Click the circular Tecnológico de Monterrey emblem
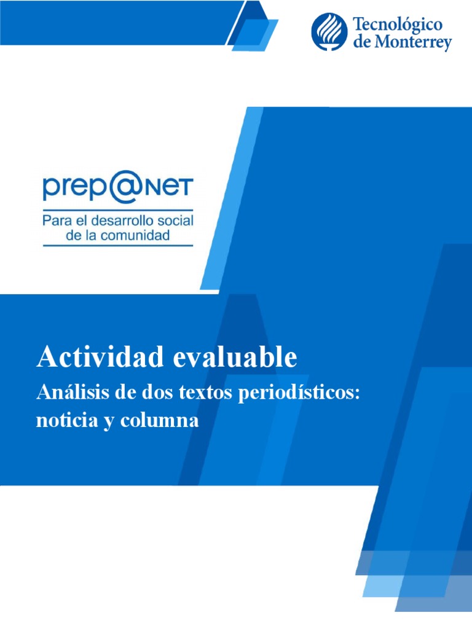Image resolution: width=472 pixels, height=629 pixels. click(x=329, y=32)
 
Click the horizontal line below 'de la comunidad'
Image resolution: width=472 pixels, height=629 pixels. click(x=117, y=246)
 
